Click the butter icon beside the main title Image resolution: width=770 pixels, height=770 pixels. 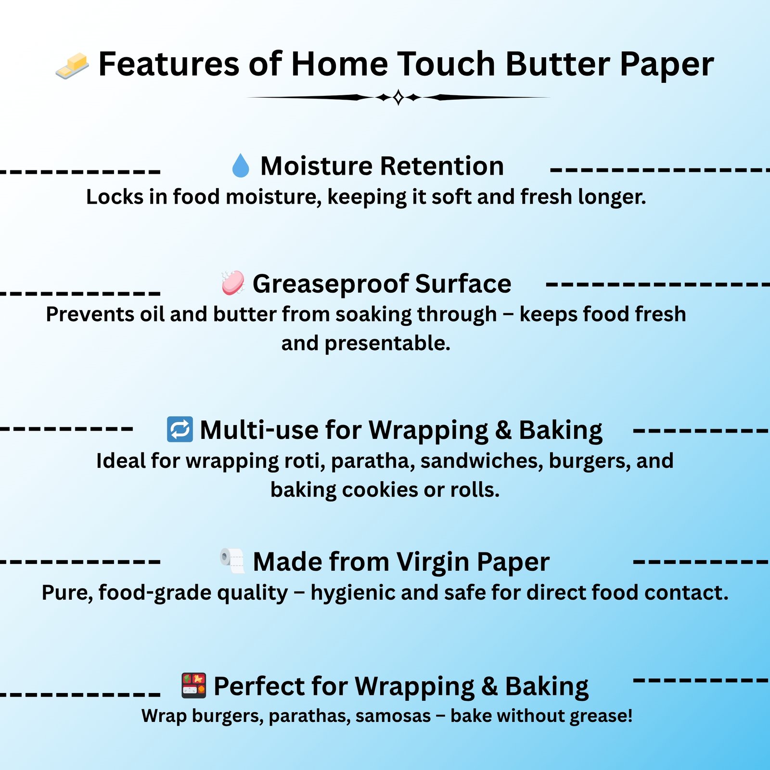pyautogui.click(x=72, y=66)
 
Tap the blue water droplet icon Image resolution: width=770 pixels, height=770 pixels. pyautogui.click(x=241, y=166)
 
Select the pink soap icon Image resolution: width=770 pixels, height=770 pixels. pyautogui.click(x=233, y=283)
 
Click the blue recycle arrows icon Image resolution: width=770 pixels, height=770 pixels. pyautogui.click(x=180, y=429)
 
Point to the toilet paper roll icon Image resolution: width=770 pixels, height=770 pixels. pyautogui.click(x=232, y=561)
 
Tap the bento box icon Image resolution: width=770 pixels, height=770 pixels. pyautogui.click(x=193, y=685)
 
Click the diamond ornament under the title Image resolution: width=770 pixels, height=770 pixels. pyautogui.click(x=398, y=97)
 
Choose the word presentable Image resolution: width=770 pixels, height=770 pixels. pyautogui.click(x=387, y=344)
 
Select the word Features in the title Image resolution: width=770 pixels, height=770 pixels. pyautogui.click(x=168, y=64)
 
